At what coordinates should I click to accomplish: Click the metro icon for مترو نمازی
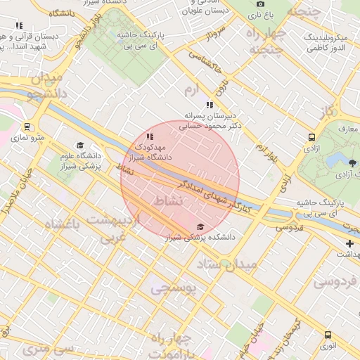click(x=27, y=127)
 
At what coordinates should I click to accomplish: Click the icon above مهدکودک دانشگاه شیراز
click(x=148, y=136)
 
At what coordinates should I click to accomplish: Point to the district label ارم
click(x=193, y=90)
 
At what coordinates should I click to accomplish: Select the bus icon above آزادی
click(x=311, y=137)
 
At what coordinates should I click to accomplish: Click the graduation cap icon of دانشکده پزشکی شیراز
click(x=201, y=226)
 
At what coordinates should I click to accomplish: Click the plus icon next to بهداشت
click(x=350, y=243)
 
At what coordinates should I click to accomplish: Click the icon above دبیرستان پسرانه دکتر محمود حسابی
click(x=209, y=105)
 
